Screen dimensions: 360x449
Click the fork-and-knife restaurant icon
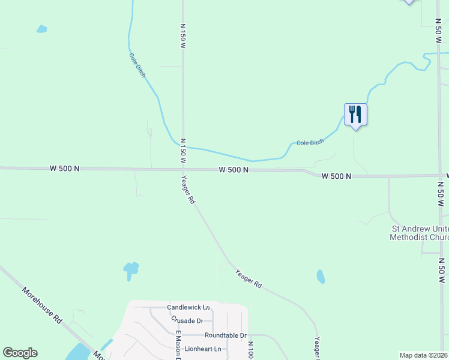pyautogui.click(x=355, y=113)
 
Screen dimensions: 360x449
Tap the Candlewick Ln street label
pyautogui.click(x=189, y=307)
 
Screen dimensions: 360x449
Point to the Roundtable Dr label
pyautogui.click(x=225, y=335)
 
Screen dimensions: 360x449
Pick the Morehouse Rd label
pyautogui.click(x=43, y=306)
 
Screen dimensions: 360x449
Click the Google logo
pyautogui.click(x=20, y=353)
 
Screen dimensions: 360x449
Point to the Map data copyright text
pyautogui.click(x=423, y=355)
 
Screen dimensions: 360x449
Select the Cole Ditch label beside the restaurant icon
pyautogui.click(x=310, y=142)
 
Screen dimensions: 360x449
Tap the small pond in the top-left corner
pyautogui.click(x=41, y=29)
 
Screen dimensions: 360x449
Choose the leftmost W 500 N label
pyautogui.click(x=65, y=169)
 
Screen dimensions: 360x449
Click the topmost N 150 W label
pyautogui.click(x=183, y=36)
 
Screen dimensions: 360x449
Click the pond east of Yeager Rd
pyautogui.click(x=321, y=277)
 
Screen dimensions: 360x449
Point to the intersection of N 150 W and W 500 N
pyautogui.click(x=182, y=169)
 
